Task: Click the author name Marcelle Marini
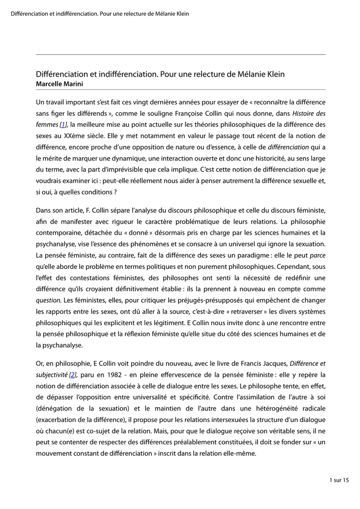[59, 84]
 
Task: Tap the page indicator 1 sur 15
[339, 480]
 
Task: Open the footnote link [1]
[63, 124]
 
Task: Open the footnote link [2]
[73, 374]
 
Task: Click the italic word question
[48, 300]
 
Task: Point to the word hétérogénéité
[276, 409]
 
